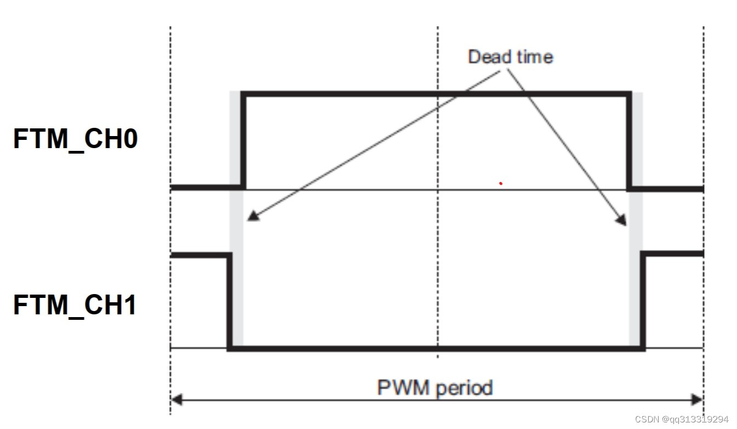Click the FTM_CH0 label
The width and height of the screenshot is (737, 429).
tap(75, 139)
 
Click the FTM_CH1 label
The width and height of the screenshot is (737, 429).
tap(75, 304)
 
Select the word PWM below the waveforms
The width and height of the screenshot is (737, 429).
tap(404, 388)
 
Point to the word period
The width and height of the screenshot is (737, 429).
tap(465, 388)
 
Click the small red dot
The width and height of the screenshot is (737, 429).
tap(500, 183)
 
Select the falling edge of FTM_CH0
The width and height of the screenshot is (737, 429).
tap(629, 140)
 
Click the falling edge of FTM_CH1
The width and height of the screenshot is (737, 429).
tap(230, 301)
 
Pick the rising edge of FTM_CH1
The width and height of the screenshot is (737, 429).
tap(643, 301)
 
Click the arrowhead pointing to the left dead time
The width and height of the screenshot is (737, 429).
tap(252, 216)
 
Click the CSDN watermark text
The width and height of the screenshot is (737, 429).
tap(682, 419)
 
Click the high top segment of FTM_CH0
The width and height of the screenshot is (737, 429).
tap(436, 94)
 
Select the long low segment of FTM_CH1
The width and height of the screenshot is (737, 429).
tap(436, 348)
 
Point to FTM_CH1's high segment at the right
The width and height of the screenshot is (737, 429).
tap(673, 254)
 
